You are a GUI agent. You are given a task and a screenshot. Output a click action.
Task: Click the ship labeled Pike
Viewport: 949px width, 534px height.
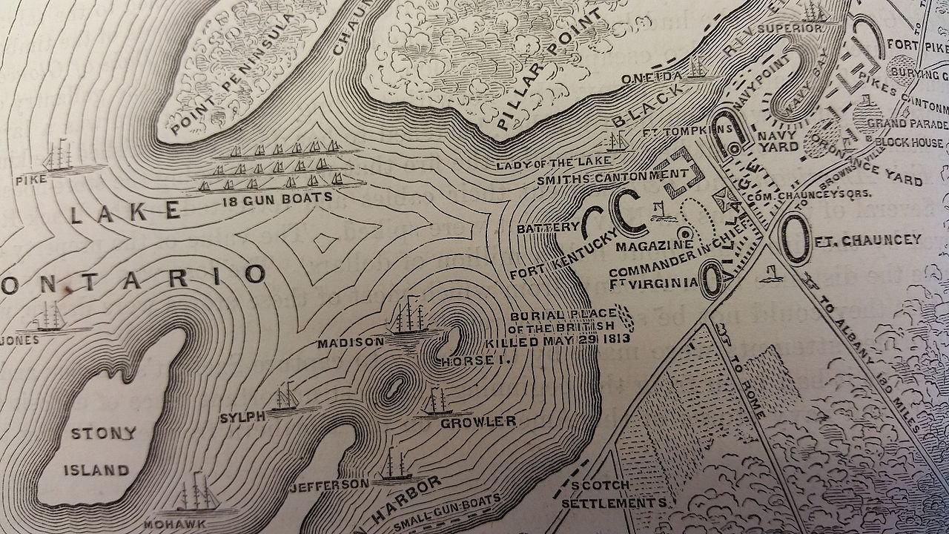click(x=59, y=156)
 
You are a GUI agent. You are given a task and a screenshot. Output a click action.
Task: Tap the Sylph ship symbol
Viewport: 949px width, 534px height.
click(x=285, y=399)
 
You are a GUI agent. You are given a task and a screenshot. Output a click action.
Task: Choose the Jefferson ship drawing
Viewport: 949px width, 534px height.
click(x=392, y=466)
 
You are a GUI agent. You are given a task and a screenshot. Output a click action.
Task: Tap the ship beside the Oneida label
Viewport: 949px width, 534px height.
click(x=698, y=68)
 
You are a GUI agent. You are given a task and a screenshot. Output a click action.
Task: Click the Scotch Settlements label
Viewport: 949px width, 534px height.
click(x=612, y=494)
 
